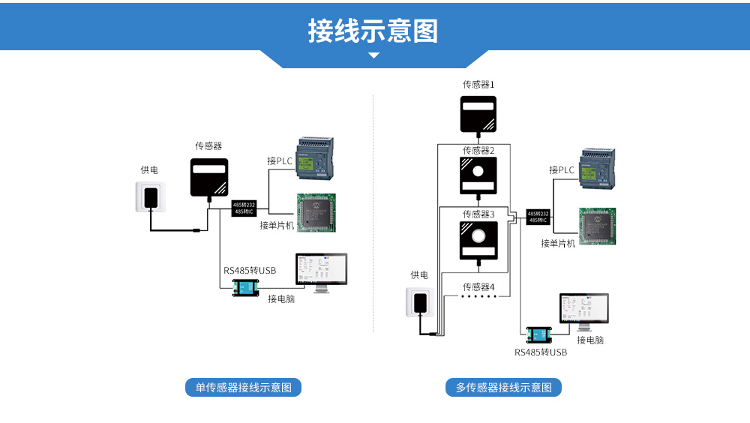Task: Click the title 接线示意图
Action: [373, 31]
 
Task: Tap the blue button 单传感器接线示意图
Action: [243, 388]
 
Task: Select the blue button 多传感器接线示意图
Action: [503, 388]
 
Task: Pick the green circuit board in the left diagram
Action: [316, 214]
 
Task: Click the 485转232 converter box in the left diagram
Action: [244, 208]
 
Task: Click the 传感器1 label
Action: [478, 85]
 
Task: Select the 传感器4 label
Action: [478, 286]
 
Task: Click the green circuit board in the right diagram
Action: [598, 226]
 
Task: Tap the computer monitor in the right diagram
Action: [583, 311]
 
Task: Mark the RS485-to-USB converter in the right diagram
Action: [538, 335]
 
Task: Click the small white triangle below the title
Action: [373, 55]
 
